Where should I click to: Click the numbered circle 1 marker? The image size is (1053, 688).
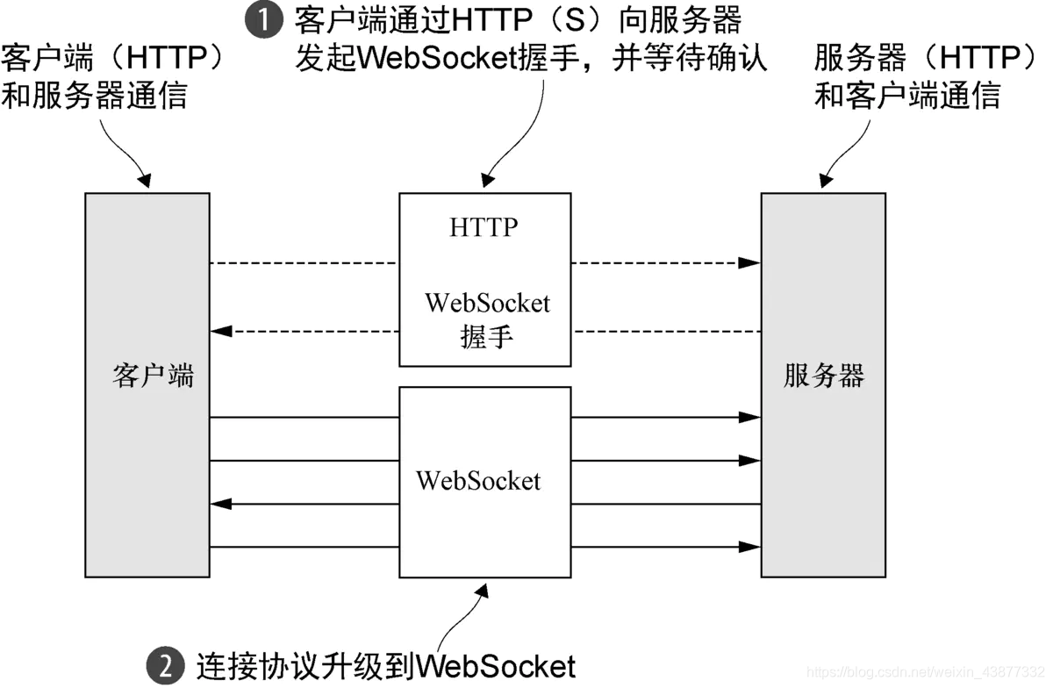point(263,19)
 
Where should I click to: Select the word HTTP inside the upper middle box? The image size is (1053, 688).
point(484,227)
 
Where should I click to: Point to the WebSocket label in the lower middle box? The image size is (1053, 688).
point(478,481)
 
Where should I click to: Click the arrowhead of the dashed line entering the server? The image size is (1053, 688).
point(750,262)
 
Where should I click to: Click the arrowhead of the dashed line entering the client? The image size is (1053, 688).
point(221,332)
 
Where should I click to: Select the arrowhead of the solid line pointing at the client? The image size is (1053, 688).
point(221,504)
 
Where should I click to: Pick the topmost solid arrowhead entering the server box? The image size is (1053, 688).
point(750,418)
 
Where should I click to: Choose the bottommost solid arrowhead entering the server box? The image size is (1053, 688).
point(750,547)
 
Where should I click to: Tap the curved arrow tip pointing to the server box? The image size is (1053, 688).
point(824,182)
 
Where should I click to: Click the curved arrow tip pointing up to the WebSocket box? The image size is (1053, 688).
point(480,591)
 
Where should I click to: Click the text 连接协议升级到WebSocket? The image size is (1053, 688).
point(386,664)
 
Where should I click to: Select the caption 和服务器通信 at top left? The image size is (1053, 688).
point(95,94)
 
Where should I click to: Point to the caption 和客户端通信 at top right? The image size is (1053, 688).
point(906,94)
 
